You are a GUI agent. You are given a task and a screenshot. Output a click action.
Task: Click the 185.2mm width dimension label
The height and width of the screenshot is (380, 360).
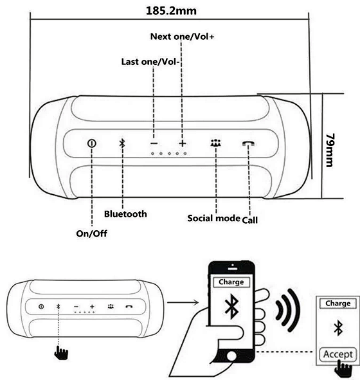click(171, 11)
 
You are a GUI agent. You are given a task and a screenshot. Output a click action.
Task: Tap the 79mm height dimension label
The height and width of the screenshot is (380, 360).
click(330, 150)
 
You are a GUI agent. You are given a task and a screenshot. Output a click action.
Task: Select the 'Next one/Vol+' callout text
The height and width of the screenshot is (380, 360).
click(182, 37)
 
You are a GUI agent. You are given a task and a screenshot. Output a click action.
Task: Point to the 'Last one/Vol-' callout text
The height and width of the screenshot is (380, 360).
click(150, 62)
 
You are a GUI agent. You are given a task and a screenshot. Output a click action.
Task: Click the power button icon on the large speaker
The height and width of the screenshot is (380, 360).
click(91, 143)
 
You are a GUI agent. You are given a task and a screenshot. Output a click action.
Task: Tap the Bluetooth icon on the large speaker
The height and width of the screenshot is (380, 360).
click(122, 143)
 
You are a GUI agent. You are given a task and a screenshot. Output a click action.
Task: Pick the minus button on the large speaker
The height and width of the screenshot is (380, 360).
click(154, 143)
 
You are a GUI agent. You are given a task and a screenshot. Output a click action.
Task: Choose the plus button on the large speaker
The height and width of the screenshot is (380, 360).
click(183, 143)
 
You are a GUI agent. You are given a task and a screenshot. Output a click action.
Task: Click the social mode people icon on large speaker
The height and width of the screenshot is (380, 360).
click(215, 143)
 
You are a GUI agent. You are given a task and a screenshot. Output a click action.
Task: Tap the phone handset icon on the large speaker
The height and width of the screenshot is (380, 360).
click(248, 143)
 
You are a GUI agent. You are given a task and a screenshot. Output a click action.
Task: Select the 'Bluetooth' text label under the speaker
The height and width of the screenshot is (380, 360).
click(125, 214)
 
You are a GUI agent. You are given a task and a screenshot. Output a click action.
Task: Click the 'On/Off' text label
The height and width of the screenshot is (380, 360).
click(91, 233)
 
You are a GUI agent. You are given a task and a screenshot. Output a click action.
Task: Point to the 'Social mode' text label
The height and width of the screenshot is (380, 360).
click(213, 218)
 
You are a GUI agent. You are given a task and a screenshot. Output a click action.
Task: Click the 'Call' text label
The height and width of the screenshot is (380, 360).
click(250, 220)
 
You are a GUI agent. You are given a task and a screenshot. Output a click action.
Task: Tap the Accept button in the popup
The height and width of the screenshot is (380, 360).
click(338, 354)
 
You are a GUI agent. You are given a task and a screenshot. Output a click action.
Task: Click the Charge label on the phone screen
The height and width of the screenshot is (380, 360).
click(231, 282)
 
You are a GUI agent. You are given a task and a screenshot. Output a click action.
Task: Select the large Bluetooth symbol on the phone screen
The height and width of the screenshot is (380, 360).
click(232, 306)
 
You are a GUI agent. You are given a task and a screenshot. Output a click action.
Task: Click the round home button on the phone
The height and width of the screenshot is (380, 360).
click(231, 356)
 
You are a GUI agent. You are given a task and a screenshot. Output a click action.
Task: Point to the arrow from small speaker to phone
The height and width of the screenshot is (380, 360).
click(183, 302)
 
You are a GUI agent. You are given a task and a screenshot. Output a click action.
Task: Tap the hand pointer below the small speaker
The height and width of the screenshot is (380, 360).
click(61, 352)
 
